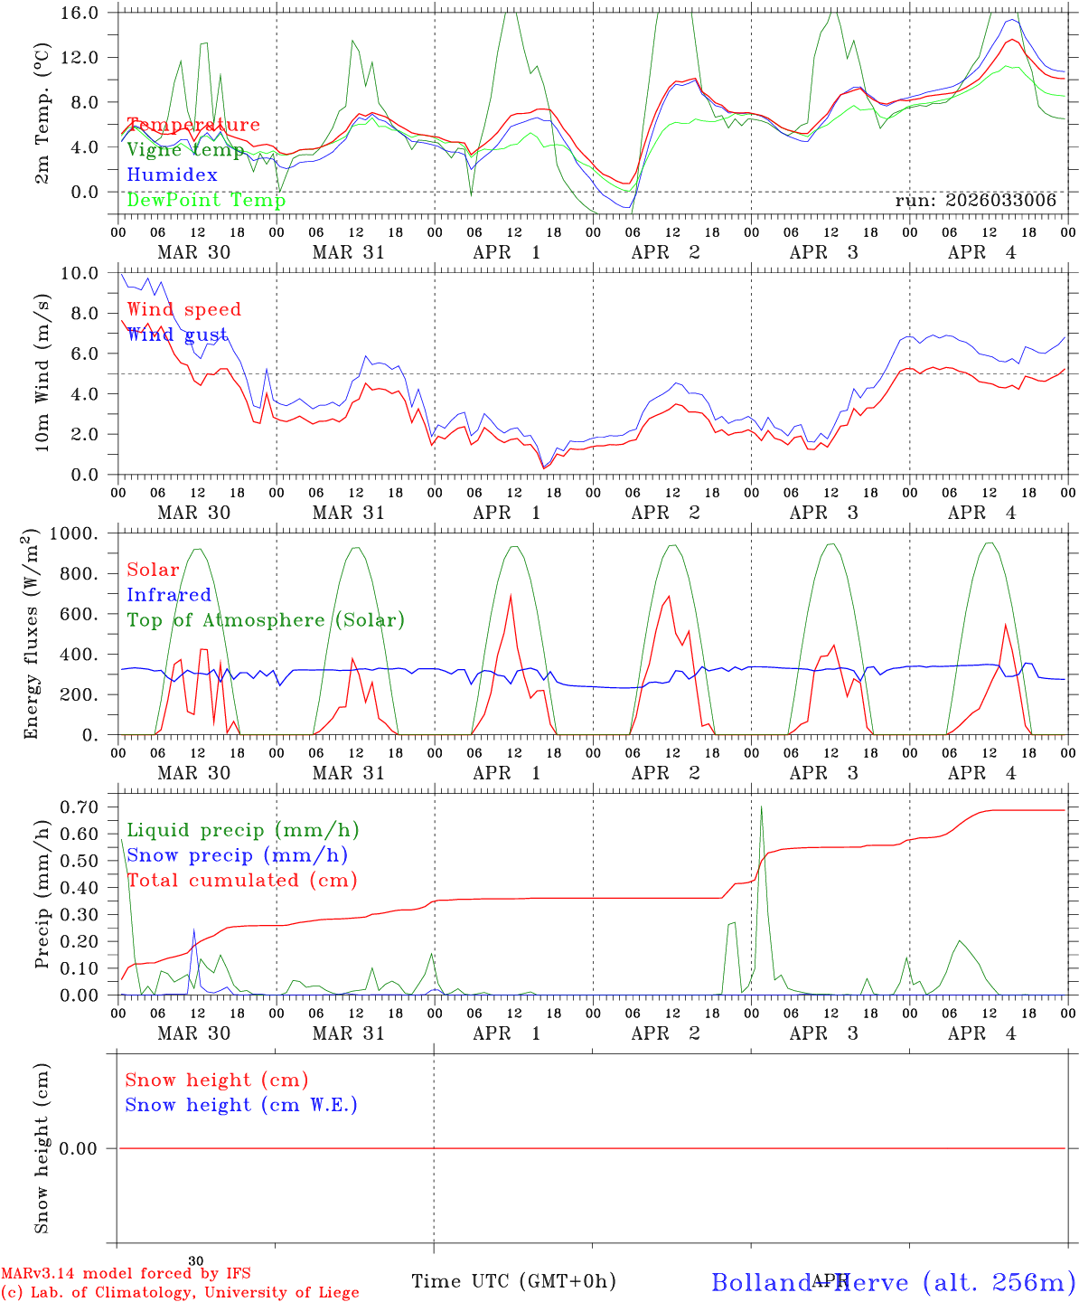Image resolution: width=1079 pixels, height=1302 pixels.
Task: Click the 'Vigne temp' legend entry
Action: pyautogui.click(x=185, y=150)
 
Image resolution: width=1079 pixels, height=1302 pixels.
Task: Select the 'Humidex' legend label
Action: pyautogui.click(x=172, y=175)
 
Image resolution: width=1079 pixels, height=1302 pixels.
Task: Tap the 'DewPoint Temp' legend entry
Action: pyautogui.click(x=206, y=200)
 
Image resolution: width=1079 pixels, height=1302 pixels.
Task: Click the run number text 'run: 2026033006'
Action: pyautogui.click(x=975, y=201)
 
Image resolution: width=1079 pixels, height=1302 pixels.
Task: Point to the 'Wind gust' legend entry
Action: pyautogui.click(x=177, y=335)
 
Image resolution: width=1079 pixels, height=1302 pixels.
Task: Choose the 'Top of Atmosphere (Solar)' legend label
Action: pyautogui.click(x=266, y=620)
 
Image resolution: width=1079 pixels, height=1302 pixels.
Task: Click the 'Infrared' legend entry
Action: pyautogui.click(x=169, y=595)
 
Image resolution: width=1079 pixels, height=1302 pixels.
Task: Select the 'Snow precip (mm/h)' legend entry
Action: pyautogui.click(x=237, y=855)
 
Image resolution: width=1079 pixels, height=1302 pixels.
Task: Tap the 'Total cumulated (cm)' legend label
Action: pyautogui.click(x=241, y=881)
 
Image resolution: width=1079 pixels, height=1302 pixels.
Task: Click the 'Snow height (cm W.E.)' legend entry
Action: pyautogui.click(x=241, y=1105)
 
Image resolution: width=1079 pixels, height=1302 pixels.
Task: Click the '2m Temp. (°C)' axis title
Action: pyautogui.click(x=42, y=113)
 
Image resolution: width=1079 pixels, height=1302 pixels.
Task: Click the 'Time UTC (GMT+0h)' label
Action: pyautogui.click(x=513, y=1281)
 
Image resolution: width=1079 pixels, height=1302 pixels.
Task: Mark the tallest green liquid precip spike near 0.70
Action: pyautogui.click(x=761, y=807)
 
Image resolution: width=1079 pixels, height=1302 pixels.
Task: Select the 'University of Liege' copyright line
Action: pyautogui.click(x=180, y=1293)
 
